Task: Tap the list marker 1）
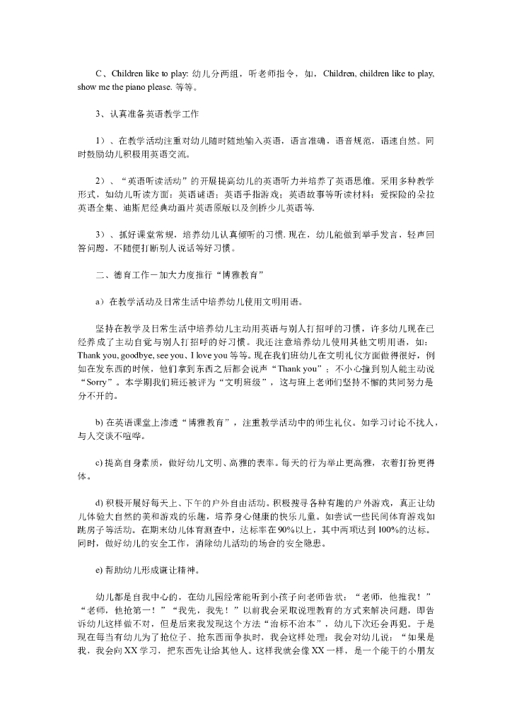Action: pos(100,141)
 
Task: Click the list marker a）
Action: pos(100,301)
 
